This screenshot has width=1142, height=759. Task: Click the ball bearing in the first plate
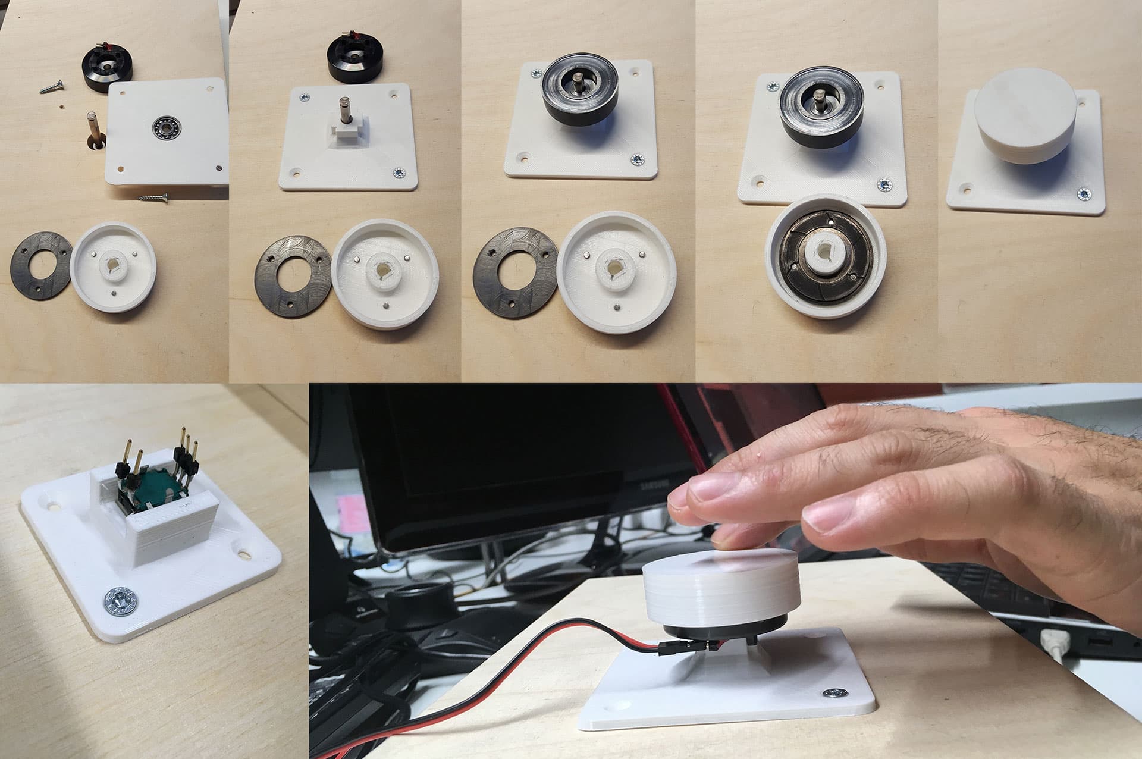point(162,126)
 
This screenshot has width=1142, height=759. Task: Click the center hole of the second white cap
point(378,270)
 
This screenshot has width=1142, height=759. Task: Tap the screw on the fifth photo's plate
point(1083,193)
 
